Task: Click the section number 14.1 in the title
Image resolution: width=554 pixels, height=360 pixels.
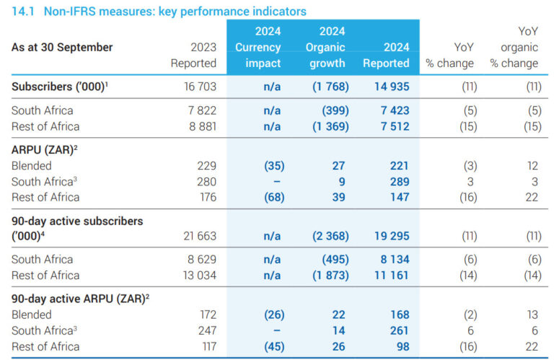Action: tap(23, 12)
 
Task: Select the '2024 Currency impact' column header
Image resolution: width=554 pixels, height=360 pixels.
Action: tap(258, 47)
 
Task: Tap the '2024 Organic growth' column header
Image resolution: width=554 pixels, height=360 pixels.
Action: tap(325, 47)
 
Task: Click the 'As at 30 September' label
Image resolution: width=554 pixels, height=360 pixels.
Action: tap(62, 47)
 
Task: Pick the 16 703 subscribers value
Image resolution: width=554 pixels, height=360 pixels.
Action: tap(200, 87)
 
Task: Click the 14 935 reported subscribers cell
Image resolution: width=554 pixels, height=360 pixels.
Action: tap(392, 87)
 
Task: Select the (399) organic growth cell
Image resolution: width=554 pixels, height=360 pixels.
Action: tap(335, 110)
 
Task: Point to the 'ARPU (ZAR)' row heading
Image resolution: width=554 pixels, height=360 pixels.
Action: tap(44, 150)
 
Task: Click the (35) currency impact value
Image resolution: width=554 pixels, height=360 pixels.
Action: tap(274, 166)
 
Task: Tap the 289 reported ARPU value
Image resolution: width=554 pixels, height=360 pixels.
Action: tap(400, 182)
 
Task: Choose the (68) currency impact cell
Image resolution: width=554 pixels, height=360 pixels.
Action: tap(274, 197)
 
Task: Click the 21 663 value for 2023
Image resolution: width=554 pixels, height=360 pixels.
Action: tap(200, 236)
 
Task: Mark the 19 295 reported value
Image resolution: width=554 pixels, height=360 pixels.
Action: tap(392, 236)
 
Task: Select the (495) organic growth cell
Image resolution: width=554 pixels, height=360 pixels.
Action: tap(335, 259)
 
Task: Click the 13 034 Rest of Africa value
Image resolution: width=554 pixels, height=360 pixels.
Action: tap(200, 275)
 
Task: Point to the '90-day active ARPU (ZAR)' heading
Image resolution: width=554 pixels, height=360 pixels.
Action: tap(80, 299)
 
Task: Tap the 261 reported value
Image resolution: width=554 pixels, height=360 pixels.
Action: tap(399, 330)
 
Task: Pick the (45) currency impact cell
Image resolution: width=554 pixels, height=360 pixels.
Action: tap(274, 346)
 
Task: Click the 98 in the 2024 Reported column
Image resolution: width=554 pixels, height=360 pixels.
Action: tap(403, 346)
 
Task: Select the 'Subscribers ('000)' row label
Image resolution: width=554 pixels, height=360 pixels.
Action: tap(60, 87)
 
